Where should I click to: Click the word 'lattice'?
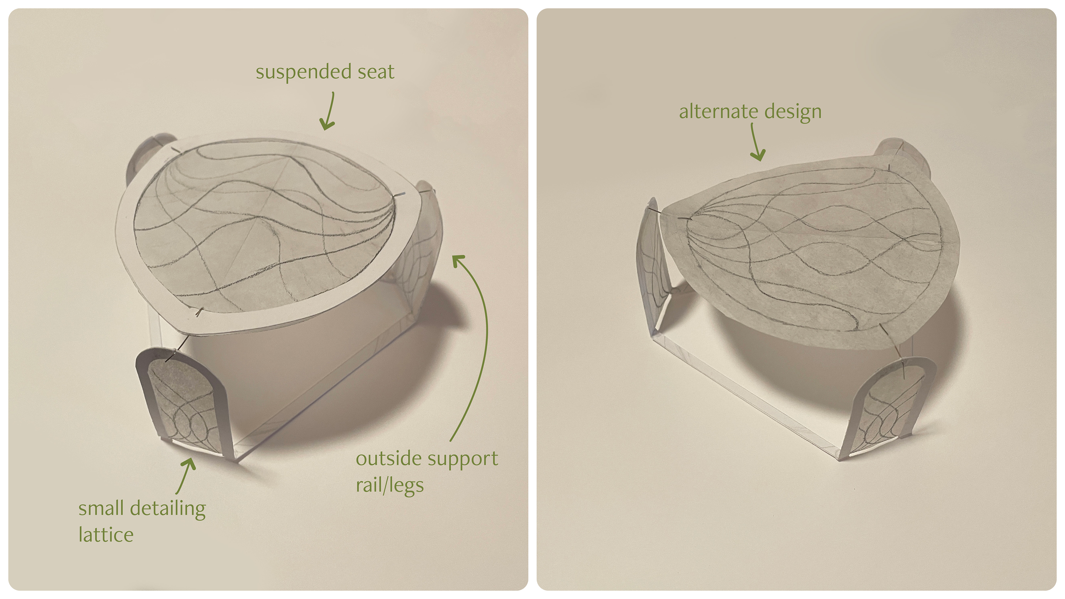(x=106, y=535)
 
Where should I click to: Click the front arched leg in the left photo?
(x=182, y=405)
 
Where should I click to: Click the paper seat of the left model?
(x=265, y=232)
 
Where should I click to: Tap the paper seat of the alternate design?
(x=810, y=256)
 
